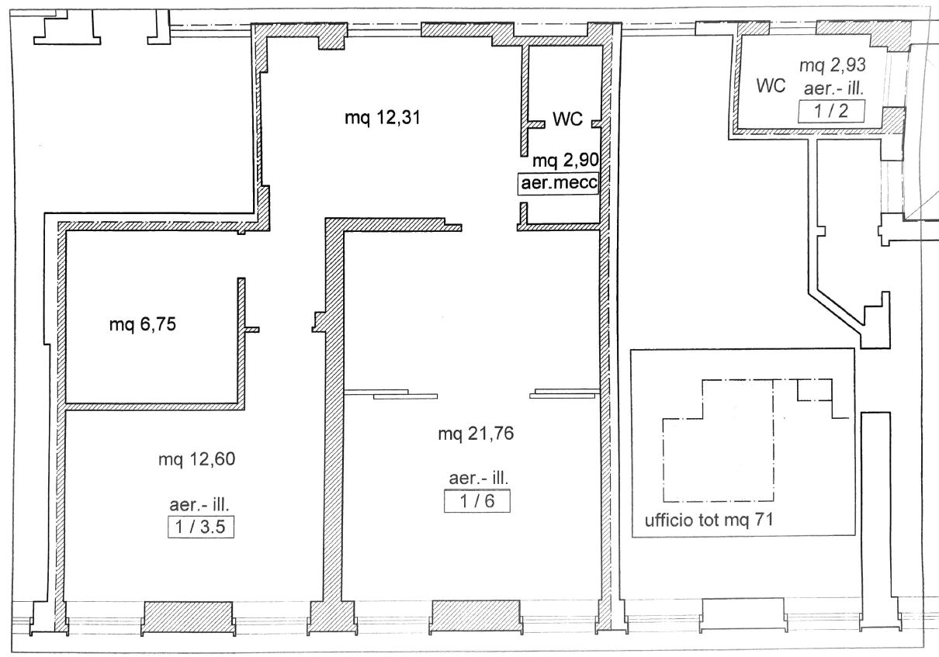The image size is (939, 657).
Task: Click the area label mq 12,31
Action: click(x=376, y=118)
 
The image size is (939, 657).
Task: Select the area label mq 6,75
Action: click(x=142, y=325)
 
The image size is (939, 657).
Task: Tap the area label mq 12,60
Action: click(x=196, y=459)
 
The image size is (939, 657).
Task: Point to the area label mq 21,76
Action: click(x=476, y=434)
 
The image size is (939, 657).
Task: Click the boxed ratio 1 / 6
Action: click(x=476, y=502)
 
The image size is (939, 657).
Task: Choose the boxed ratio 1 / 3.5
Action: click(x=201, y=528)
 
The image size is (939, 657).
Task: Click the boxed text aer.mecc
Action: click(x=558, y=185)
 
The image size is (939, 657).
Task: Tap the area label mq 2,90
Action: click(x=566, y=161)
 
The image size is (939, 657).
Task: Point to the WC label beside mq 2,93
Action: click(x=773, y=85)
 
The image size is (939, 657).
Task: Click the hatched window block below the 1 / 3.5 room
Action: click(x=189, y=617)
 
